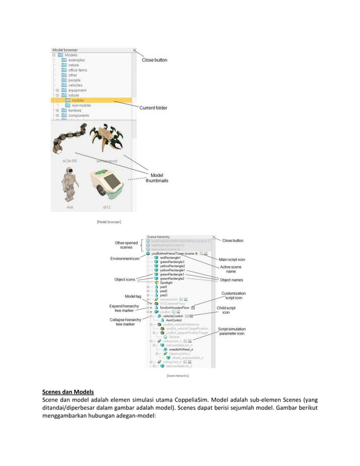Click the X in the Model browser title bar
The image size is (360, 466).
coord(134,50)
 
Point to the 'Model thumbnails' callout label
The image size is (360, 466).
coord(155,177)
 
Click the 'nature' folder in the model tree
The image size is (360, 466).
coord(73,65)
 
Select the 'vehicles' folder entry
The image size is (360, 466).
coord(76,85)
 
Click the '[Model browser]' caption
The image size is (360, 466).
coord(108,222)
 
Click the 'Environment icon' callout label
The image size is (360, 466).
coord(125,258)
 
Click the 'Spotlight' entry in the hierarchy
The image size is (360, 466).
coord(168,283)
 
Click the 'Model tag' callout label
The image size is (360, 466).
coord(133,296)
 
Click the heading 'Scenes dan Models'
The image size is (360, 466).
coord(68,392)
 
